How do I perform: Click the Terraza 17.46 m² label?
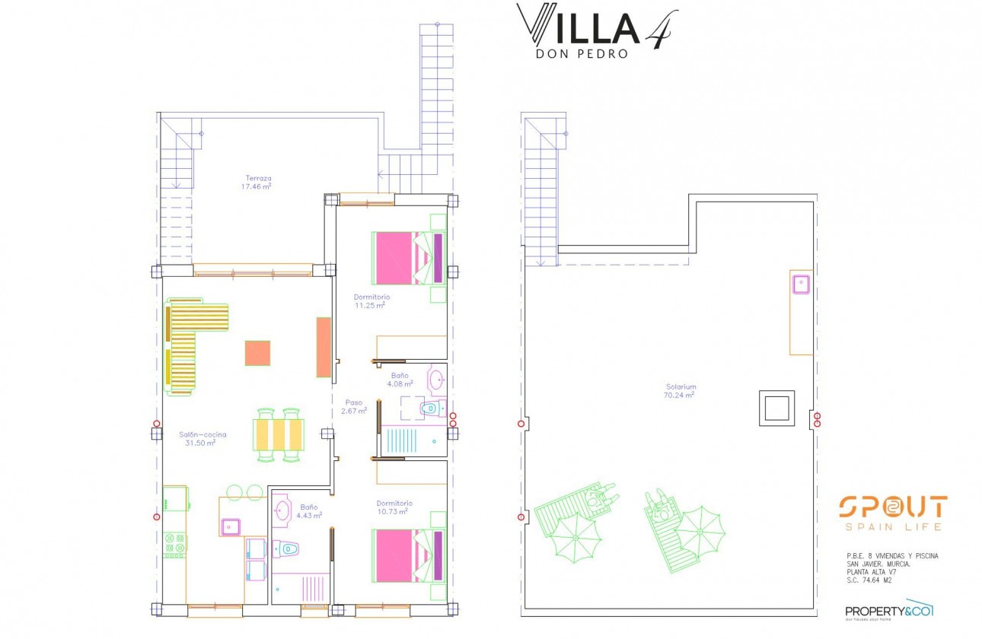click(x=257, y=182)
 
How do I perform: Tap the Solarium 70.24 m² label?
click(x=680, y=391)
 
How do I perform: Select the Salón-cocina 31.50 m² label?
click(x=202, y=438)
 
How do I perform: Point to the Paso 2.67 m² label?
click(x=355, y=406)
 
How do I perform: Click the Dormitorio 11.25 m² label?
click(x=371, y=301)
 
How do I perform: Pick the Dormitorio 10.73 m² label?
click(x=394, y=507)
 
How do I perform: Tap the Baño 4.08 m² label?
click(x=400, y=380)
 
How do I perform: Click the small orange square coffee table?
click(x=257, y=353)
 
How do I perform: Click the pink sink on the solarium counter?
click(x=800, y=285)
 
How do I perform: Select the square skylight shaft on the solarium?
click(x=776, y=409)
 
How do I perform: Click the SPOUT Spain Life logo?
click(x=893, y=513)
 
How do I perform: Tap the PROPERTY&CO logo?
click(x=889, y=609)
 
